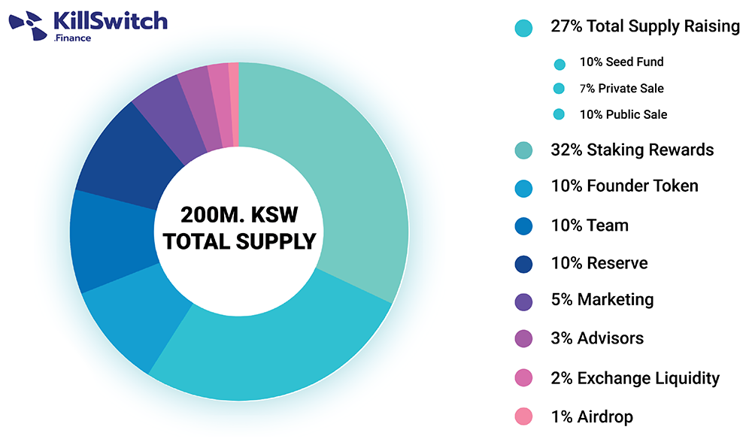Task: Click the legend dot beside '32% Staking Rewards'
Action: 524,150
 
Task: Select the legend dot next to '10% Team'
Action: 524,226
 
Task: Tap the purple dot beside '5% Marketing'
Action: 524,301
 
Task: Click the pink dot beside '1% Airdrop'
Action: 524,416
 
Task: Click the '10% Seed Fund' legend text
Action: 621,62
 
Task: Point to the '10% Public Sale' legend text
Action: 623,114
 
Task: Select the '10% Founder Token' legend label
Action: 624,186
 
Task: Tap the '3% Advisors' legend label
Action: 597,338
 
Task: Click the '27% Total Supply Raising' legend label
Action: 645,26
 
